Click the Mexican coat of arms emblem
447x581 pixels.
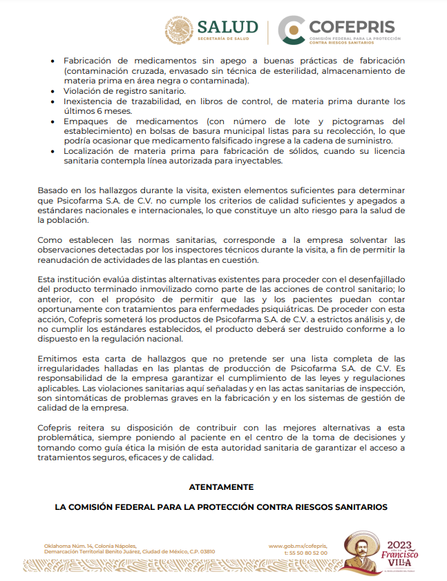coord(180,30)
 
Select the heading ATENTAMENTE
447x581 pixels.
coord(221,486)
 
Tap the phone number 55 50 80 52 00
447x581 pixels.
coord(309,552)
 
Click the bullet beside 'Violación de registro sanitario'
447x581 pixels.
coord(53,91)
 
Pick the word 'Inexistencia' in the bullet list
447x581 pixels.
coord(88,101)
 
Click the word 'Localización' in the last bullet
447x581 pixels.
coord(91,150)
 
